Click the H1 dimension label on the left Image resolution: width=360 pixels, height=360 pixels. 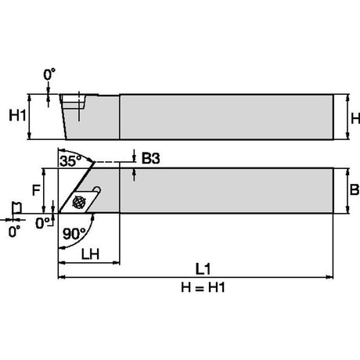(x=17, y=115)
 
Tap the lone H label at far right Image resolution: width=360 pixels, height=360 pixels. (x=355, y=118)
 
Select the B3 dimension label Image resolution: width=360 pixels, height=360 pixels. (x=151, y=158)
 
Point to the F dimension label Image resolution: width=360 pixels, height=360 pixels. (x=36, y=190)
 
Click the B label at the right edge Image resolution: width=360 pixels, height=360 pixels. (x=355, y=189)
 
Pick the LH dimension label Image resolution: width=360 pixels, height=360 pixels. (x=90, y=254)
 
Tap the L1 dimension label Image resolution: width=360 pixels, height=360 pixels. (x=203, y=269)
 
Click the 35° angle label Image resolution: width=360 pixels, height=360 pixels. (x=70, y=161)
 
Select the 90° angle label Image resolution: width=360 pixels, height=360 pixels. (x=74, y=234)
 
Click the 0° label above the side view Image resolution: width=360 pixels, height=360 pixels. (x=49, y=74)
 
